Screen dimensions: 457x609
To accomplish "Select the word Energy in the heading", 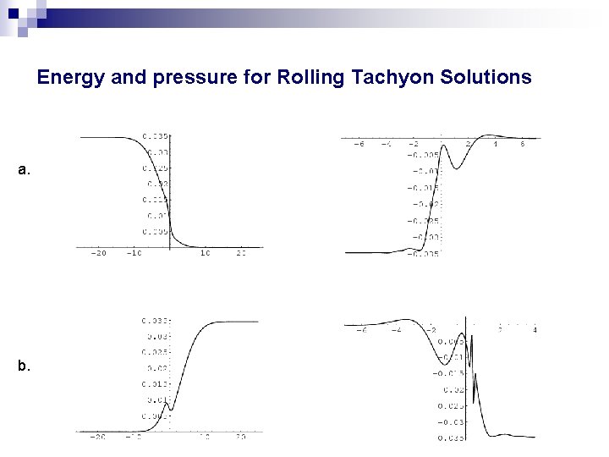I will click(69, 78).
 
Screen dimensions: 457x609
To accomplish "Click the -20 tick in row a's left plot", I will click(98, 253).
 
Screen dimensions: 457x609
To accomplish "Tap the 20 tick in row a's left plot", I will click(242, 253).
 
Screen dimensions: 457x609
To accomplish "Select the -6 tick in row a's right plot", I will click(358, 145).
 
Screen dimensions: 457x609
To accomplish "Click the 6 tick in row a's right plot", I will click(523, 145).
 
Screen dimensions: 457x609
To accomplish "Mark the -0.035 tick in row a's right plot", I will click(423, 252).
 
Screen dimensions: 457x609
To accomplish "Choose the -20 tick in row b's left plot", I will click(98, 438).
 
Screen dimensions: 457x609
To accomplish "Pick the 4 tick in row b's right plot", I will click(535, 330).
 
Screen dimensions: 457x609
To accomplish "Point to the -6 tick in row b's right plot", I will click(361, 330).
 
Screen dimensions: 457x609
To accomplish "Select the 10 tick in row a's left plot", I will click(206, 253).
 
